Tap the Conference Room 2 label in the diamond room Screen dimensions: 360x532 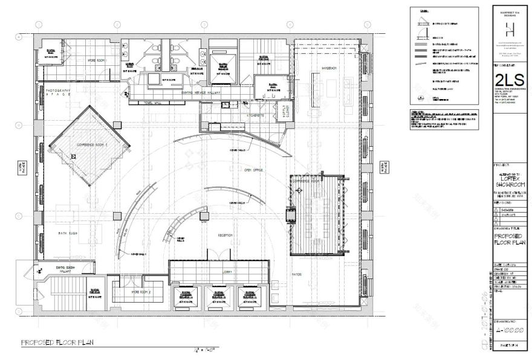point(89,146)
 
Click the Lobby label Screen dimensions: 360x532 point(218,272)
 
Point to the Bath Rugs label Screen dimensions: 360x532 point(66,233)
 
